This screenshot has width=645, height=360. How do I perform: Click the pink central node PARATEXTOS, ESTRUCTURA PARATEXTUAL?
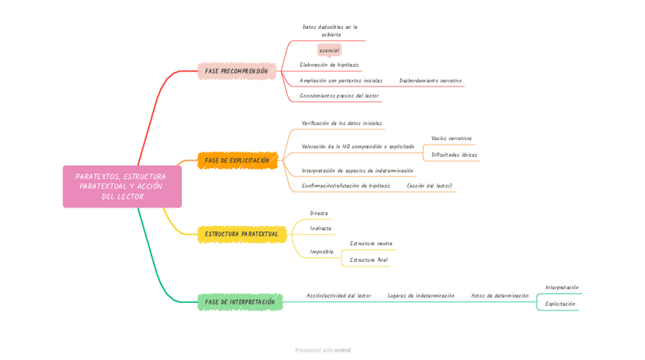(x=122, y=186)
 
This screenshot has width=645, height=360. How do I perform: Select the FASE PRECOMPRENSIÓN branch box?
(x=236, y=72)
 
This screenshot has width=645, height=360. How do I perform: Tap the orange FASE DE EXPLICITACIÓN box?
(x=237, y=161)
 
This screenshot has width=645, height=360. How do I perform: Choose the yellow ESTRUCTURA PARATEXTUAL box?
(x=241, y=234)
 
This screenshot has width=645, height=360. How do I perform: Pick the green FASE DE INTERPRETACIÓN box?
(x=240, y=302)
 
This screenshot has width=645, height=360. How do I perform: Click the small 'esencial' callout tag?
(x=329, y=50)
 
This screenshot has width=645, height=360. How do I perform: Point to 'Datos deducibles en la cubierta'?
(x=330, y=30)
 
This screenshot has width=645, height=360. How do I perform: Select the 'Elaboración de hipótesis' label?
(x=329, y=65)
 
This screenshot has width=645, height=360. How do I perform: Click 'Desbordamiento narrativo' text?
(x=430, y=81)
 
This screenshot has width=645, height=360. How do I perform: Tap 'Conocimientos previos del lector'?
(x=339, y=96)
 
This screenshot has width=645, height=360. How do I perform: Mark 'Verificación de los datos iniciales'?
(x=342, y=123)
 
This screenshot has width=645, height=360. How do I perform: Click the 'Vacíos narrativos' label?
(x=451, y=139)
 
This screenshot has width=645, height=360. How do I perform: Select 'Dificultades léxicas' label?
(x=454, y=155)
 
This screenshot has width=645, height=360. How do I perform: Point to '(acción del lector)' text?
(x=429, y=186)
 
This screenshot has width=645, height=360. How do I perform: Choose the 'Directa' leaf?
(x=319, y=213)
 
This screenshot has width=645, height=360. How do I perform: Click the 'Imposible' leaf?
(x=322, y=251)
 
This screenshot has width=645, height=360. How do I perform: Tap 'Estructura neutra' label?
(x=370, y=244)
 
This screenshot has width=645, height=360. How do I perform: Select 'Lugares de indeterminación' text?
(x=421, y=295)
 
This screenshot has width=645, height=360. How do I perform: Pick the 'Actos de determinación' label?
(x=500, y=295)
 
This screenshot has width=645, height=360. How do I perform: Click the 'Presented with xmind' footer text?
(x=322, y=350)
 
